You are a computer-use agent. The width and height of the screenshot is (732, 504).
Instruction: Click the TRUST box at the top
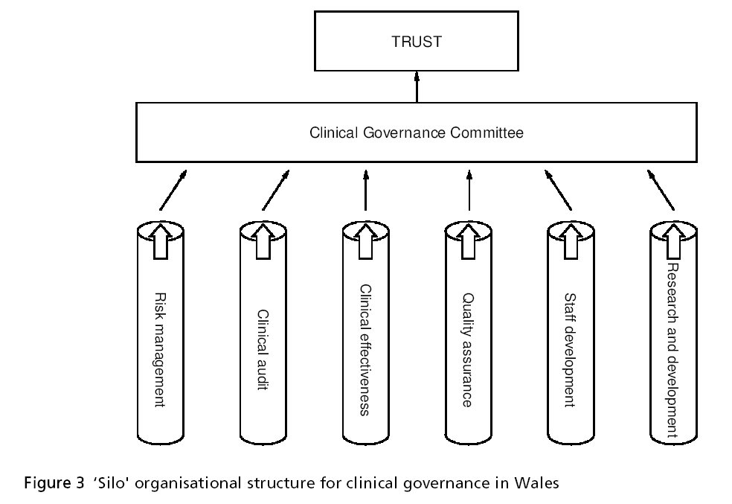pyautogui.click(x=416, y=42)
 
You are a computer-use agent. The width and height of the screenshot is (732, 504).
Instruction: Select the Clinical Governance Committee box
pyautogui.click(x=416, y=133)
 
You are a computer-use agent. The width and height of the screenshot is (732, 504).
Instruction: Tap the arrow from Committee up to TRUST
pyautogui.click(x=417, y=87)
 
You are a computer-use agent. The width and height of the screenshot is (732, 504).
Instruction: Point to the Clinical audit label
pyautogui.click(x=262, y=351)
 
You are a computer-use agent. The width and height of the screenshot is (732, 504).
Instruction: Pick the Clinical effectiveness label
pyautogui.click(x=365, y=349)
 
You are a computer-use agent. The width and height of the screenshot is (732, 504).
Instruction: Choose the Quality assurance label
pyautogui.click(x=467, y=349)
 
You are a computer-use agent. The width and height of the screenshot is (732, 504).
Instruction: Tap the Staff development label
pyautogui.click(x=570, y=349)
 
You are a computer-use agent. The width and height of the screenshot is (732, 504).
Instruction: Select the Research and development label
pyautogui.click(x=672, y=349)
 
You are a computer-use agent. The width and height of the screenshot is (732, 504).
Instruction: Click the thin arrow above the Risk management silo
pyautogui.click(x=173, y=191)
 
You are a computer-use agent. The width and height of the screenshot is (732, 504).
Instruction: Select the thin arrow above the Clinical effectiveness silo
pyautogui.click(x=365, y=191)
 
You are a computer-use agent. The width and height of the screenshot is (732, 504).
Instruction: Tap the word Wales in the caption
pyautogui.click(x=536, y=482)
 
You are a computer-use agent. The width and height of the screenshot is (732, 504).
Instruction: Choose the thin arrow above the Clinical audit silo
pyautogui.click(x=275, y=191)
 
